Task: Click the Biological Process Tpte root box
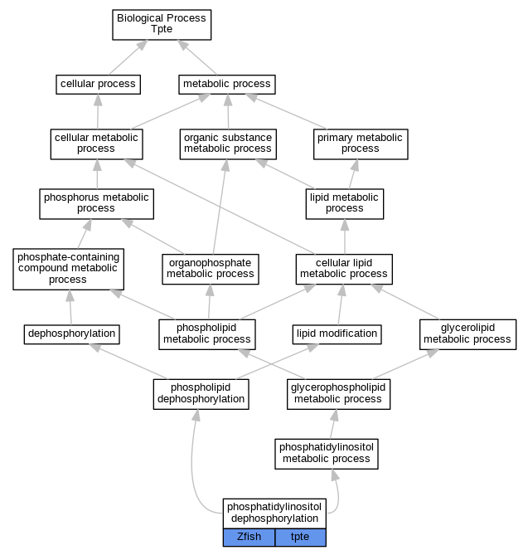coord(162,25)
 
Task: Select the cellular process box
coord(98,85)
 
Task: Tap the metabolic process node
coord(226,85)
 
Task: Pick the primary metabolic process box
coord(361,144)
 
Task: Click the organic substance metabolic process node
coord(228,144)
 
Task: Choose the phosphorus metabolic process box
coord(96,204)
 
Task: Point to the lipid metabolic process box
coord(345,204)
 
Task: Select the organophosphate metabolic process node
coord(211,269)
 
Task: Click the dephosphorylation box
coord(72,334)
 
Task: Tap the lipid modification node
coord(337,334)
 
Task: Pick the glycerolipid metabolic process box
coord(467,334)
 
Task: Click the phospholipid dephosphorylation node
coord(201,394)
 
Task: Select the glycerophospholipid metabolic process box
coord(338,394)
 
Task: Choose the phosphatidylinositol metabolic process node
coord(327,454)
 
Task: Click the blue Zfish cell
coord(249,538)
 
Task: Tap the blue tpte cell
coord(300,538)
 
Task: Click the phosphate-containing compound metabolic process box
coord(68,269)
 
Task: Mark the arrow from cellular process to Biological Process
coord(128,57)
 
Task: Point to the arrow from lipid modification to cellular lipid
coord(341,304)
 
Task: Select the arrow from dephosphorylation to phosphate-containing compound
coord(70,307)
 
